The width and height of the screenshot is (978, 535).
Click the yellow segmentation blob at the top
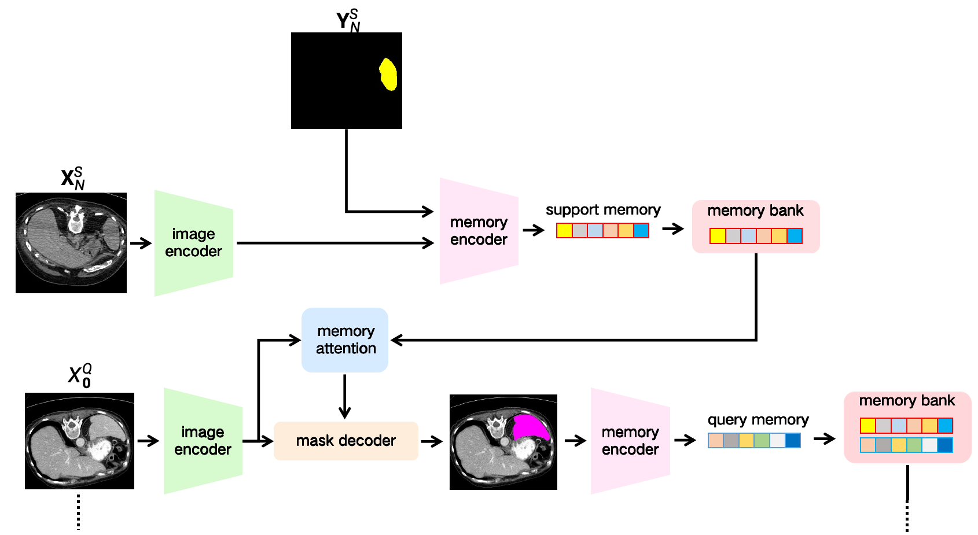pyautogui.click(x=388, y=75)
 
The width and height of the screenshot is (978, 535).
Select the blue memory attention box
pyautogui.click(x=345, y=340)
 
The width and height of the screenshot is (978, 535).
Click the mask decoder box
pyautogui.click(x=345, y=441)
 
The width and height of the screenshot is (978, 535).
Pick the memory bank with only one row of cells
pyautogui.click(x=756, y=226)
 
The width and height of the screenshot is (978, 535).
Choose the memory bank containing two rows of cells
pyautogui.click(x=907, y=427)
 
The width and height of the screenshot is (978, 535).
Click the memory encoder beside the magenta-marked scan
pyautogui.click(x=630, y=441)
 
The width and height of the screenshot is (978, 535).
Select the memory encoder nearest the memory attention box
pyautogui.click(x=479, y=231)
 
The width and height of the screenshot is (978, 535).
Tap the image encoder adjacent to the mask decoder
pyautogui.click(x=203, y=441)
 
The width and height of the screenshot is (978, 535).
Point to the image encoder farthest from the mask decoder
pyautogui.click(x=193, y=243)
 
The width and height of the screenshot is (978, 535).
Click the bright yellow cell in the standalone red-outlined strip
pyautogui.click(x=564, y=231)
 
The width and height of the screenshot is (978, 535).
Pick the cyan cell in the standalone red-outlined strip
pyautogui.click(x=641, y=231)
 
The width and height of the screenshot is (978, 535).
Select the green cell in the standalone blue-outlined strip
pyautogui.click(x=762, y=441)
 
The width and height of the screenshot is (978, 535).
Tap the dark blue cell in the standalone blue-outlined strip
pyautogui.click(x=793, y=441)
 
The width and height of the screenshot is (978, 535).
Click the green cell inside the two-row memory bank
pyautogui.click(x=914, y=445)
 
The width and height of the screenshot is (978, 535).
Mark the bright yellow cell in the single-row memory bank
pyautogui.click(x=718, y=236)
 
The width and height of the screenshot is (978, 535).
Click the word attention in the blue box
pyautogui.click(x=346, y=349)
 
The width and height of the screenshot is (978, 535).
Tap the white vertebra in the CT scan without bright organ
pyautogui.click(x=75, y=222)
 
